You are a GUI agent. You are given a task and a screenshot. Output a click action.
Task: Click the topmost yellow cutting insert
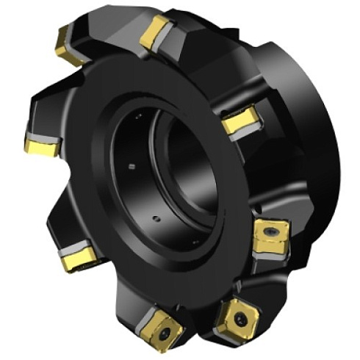pyautogui.click(x=156, y=33)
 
